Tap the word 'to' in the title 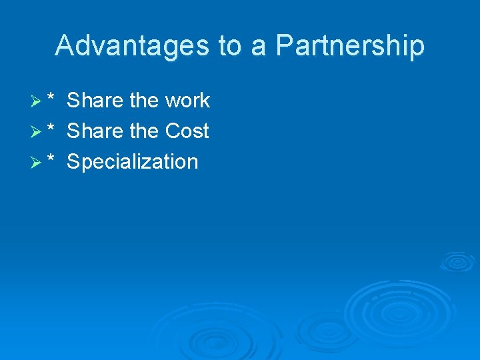point(230,46)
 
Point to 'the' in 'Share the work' point(143,101)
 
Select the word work point(187,101)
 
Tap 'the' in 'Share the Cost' point(143,131)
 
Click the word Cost point(187,131)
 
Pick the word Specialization point(133,162)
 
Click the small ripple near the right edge point(457,261)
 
